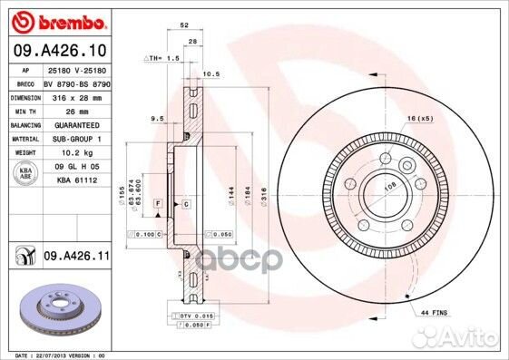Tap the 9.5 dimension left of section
(x=156, y=118)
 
